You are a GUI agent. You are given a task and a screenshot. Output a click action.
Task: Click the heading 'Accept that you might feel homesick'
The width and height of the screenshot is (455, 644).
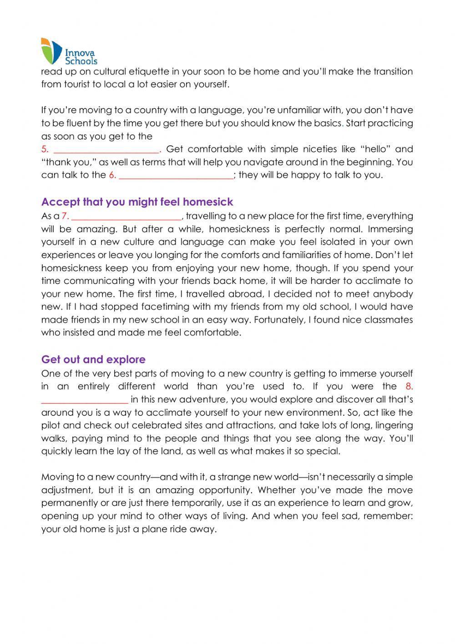tap(137, 202)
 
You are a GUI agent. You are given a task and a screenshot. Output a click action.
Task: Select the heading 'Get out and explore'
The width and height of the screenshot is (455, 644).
tap(93, 360)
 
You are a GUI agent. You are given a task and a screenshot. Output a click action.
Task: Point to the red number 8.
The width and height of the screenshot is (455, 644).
tap(409, 386)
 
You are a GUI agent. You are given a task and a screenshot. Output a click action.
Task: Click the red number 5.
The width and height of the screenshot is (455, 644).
tap(45, 149)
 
